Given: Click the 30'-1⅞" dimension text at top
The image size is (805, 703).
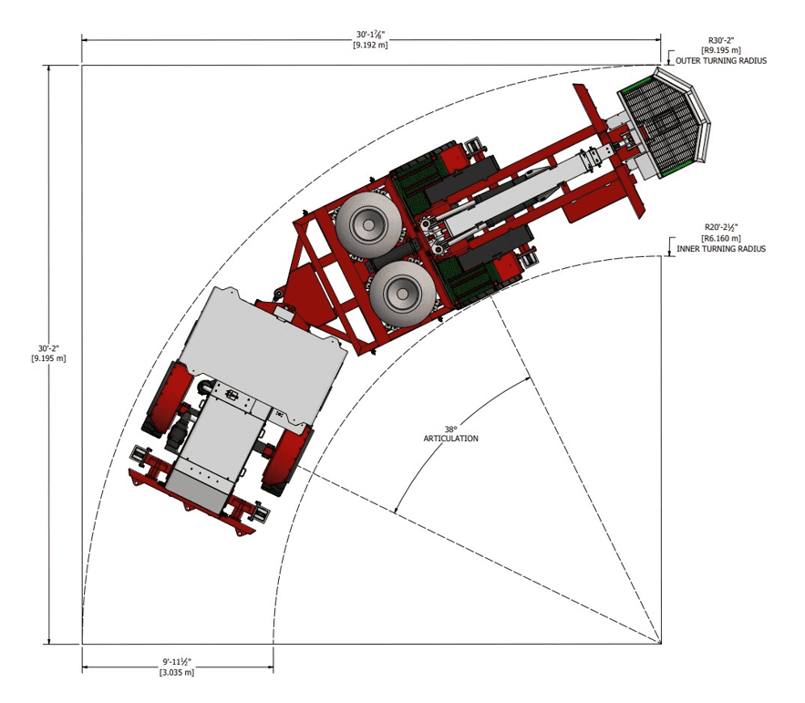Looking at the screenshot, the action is click(370, 35).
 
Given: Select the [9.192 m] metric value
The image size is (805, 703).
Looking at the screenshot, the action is click(370, 45).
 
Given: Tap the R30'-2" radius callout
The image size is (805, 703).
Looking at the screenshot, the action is click(721, 40).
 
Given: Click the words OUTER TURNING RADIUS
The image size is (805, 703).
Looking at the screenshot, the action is click(721, 60).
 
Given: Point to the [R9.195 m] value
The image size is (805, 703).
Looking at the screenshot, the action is click(721, 50).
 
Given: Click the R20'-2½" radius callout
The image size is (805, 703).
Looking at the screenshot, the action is click(721, 227).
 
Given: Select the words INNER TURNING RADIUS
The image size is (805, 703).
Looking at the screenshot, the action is click(721, 249).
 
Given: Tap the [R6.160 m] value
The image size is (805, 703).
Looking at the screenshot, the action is click(721, 238).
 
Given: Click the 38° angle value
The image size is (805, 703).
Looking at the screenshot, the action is click(450, 429).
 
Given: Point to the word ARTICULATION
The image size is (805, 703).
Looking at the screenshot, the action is click(450, 439).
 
